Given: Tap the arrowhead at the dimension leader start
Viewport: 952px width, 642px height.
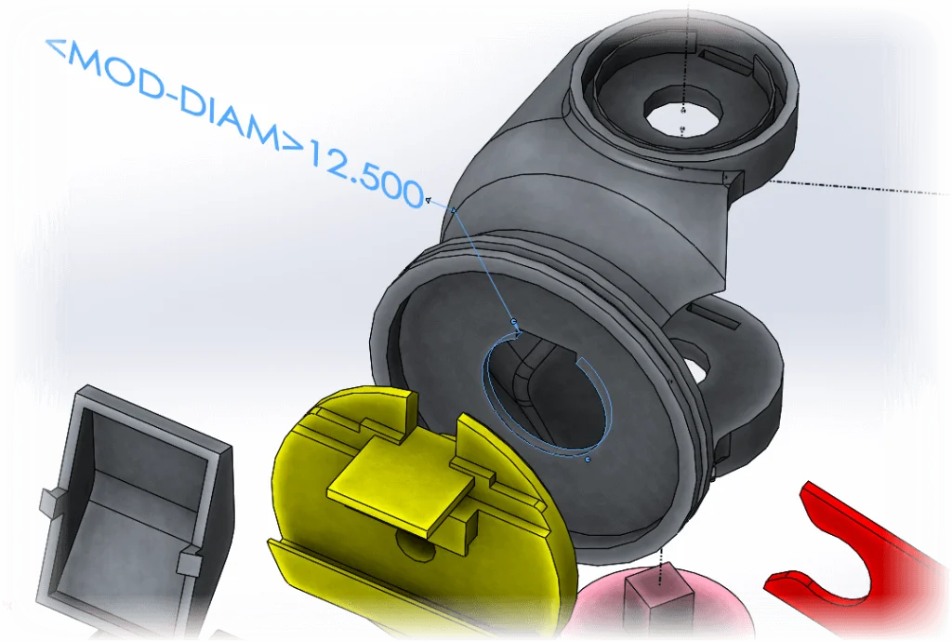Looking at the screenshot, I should click(428, 199).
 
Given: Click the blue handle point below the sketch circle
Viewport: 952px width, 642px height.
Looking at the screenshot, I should click(588, 459).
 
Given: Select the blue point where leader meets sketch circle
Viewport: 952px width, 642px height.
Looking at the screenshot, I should click(514, 321).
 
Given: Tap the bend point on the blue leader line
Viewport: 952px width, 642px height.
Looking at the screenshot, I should click(453, 210).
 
